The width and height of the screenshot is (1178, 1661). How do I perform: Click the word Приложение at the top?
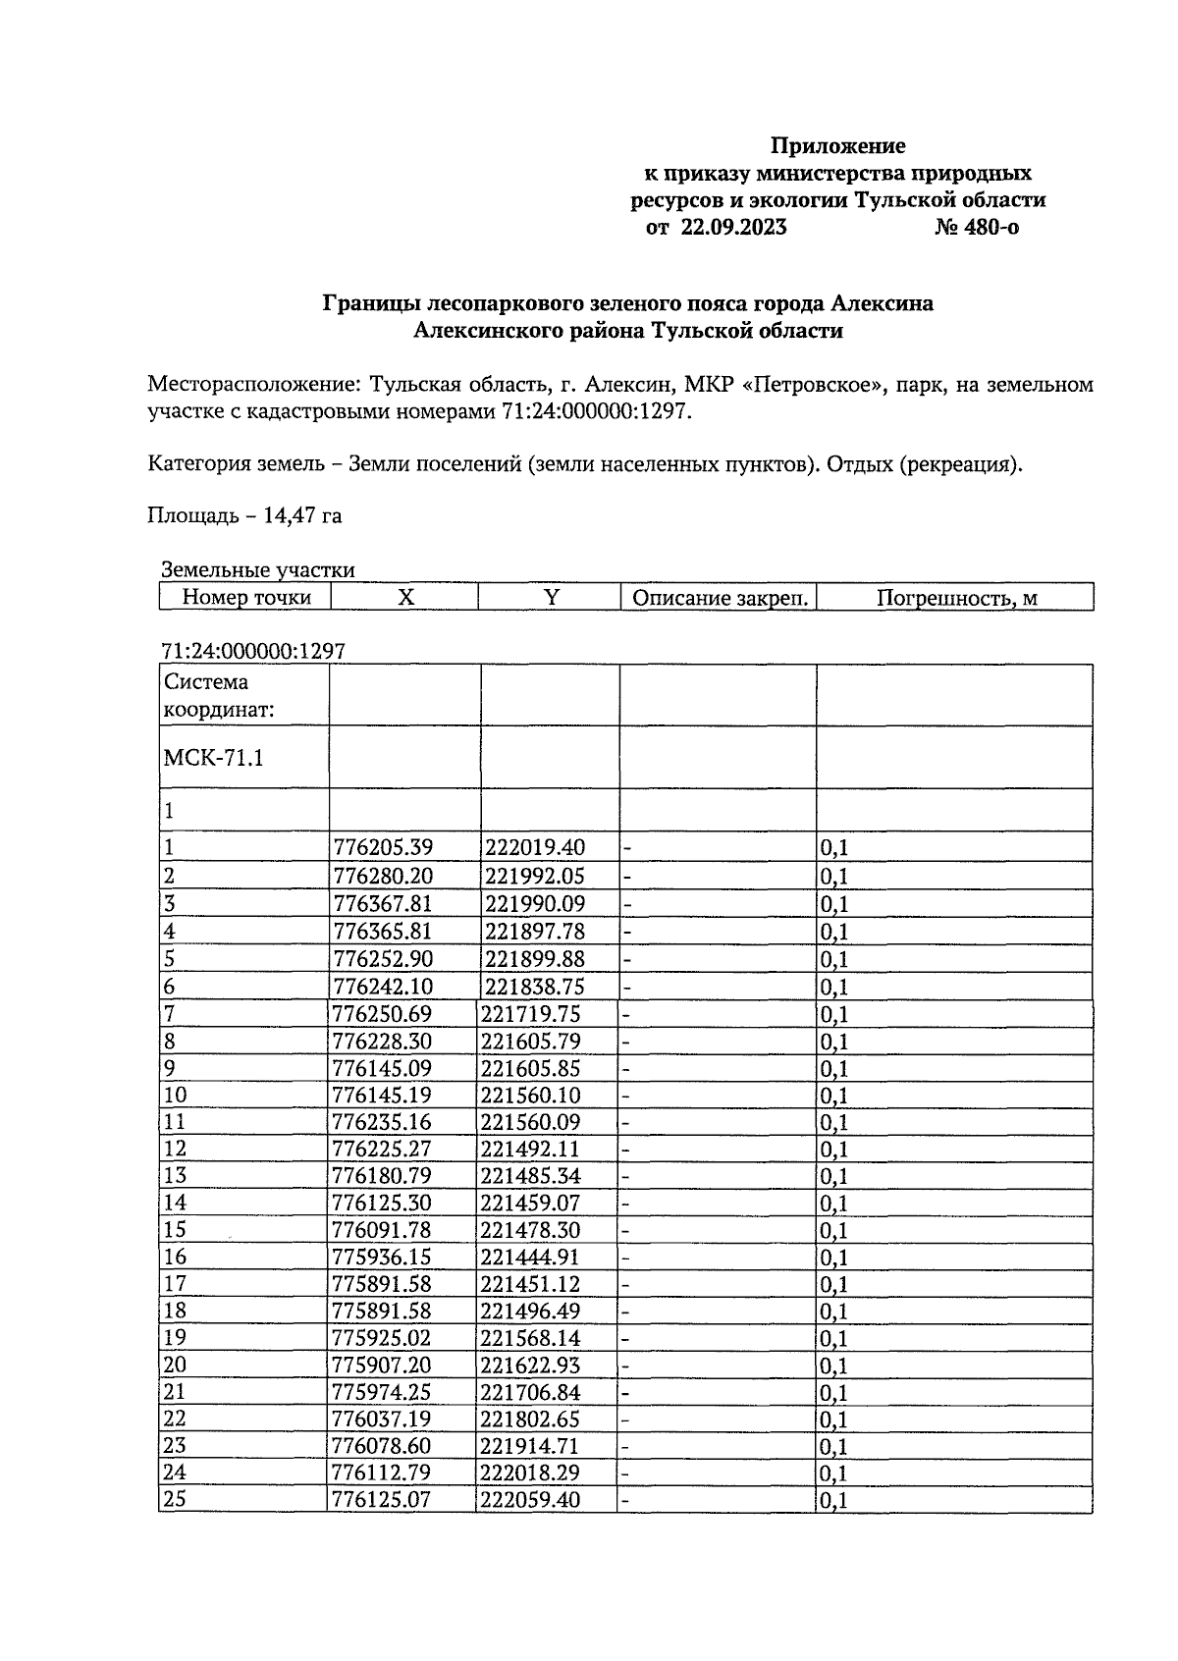837,146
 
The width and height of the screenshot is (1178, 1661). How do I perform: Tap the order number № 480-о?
978,229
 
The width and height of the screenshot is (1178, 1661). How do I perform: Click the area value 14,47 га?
302,515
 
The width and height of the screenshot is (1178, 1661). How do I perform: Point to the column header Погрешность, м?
956,598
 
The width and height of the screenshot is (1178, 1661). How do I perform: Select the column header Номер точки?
246,598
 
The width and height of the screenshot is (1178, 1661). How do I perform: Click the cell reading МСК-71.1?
214,759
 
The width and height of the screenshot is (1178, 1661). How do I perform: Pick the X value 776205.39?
383,847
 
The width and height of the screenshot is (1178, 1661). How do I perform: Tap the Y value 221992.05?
534,876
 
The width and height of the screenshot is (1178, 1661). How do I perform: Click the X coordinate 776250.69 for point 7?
383,1014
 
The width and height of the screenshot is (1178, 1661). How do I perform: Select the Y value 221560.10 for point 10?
530,1096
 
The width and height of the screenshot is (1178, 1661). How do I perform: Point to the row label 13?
176,1176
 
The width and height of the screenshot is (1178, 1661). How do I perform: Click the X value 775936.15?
383,1258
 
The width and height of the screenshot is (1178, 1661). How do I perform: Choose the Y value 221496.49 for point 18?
530,1312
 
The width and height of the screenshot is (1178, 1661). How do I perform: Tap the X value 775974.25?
383,1392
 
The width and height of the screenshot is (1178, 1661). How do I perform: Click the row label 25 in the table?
176,1500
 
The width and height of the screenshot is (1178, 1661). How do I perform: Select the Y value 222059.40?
530,1500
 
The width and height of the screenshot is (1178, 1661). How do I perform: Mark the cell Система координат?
207,695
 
